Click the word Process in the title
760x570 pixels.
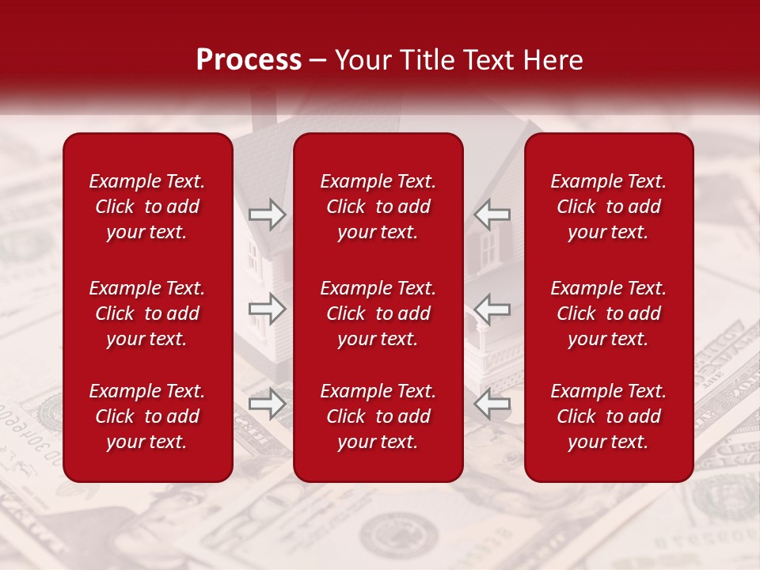pyautogui.click(x=249, y=60)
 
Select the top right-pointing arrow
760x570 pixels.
pyautogui.click(x=267, y=215)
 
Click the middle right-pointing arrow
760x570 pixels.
pyautogui.click(x=267, y=309)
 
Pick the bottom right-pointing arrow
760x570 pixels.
pyautogui.click(x=267, y=404)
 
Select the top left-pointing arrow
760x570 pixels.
pyautogui.click(x=492, y=215)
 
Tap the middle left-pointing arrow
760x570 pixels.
pyautogui.click(x=492, y=309)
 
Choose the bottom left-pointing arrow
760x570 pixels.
pyautogui.click(x=492, y=404)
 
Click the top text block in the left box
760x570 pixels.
pyautogui.click(x=147, y=207)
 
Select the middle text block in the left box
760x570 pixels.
pyautogui.click(x=147, y=313)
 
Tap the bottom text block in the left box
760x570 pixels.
pyautogui.click(x=147, y=416)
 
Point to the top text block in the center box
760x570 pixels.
pyautogui.click(x=378, y=207)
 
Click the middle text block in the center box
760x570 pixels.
pyautogui.click(x=378, y=313)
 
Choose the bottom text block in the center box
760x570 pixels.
pyautogui.click(x=378, y=416)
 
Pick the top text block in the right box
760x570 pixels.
pyautogui.click(x=609, y=207)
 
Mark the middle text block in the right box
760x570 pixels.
pyautogui.click(x=609, y=313)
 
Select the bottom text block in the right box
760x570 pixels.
pyautogui.click(x=609, y=416)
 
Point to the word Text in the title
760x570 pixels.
pyautogui.click(x=484, y=60)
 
